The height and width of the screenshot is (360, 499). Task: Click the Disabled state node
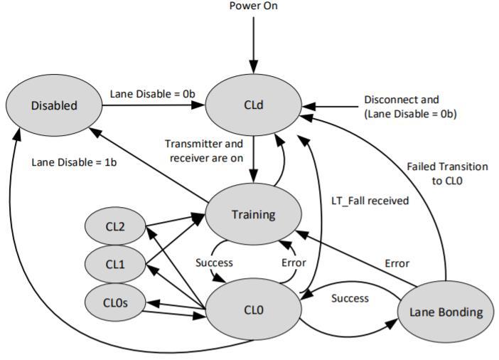click(54, 105)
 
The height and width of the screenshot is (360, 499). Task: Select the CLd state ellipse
click(253, 105)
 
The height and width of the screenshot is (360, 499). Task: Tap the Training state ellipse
click(253, 214)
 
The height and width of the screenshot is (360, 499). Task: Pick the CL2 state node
click(115, 226)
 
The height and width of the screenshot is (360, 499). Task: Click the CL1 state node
click(115, 264)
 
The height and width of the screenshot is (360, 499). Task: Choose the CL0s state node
click(115, 302)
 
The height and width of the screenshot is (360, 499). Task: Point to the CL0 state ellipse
click(253, 309)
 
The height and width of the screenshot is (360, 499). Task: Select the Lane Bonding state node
click(446, 312)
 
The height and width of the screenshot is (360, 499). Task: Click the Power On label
click(253, 6)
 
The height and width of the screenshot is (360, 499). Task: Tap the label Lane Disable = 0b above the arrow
click(152, 94)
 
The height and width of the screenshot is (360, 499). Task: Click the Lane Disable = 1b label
click(74, 162)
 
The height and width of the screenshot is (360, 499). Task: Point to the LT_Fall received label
click(370, 201)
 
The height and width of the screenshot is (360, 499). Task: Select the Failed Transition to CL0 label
click(447, 174)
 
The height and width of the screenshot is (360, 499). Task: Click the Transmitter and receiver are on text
click(204, 151)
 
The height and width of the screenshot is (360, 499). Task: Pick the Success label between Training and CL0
click(214, 263)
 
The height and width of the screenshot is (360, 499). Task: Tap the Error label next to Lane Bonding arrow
click(397, 263)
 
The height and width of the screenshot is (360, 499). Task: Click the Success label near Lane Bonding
click(350, 298)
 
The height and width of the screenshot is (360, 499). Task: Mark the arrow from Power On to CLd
click(253, 46)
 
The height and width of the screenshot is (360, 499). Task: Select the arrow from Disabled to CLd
click(154, 105)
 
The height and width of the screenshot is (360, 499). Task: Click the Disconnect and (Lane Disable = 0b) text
click(410, 107)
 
